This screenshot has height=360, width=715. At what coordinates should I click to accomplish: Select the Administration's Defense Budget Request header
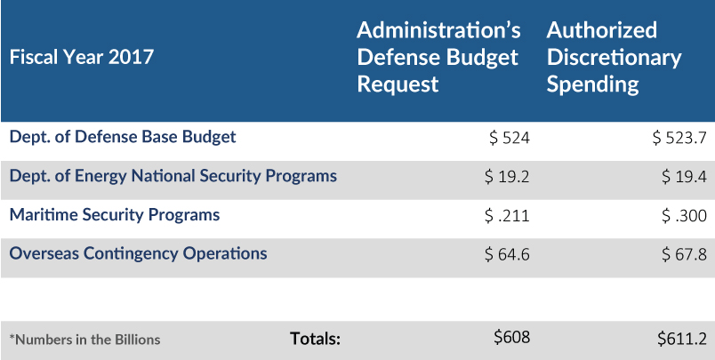coord(438,57)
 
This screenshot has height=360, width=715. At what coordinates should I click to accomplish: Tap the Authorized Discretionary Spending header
coord(614,57)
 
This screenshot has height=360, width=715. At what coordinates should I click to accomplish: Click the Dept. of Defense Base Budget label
coord(122,137)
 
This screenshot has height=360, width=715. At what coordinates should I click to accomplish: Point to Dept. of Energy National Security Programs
coord(173,176)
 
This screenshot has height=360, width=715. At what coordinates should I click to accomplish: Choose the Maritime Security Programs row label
coord(114,214)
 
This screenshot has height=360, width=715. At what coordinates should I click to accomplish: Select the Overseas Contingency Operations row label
coord(138,253)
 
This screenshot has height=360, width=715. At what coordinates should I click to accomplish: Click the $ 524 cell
coord(510,138)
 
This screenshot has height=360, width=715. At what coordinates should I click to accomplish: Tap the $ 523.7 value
coord(679,138)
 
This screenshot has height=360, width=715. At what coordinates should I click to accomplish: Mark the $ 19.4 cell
coord(684,177)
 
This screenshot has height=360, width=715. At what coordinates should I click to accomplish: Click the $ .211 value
coord(507,216)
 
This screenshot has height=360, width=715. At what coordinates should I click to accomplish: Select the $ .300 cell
coord(684,216)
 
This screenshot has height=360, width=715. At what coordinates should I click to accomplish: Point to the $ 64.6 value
coord(507,255)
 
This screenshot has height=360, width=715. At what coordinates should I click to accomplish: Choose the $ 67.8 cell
coord(684,255)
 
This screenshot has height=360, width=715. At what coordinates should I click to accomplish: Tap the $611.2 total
coord(682,338)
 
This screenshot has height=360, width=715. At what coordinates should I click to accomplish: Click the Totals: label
coord(316,338)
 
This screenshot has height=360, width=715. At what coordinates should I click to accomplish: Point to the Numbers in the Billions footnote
coord(84,339)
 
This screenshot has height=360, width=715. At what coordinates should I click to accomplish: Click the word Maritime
coord(41,214)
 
